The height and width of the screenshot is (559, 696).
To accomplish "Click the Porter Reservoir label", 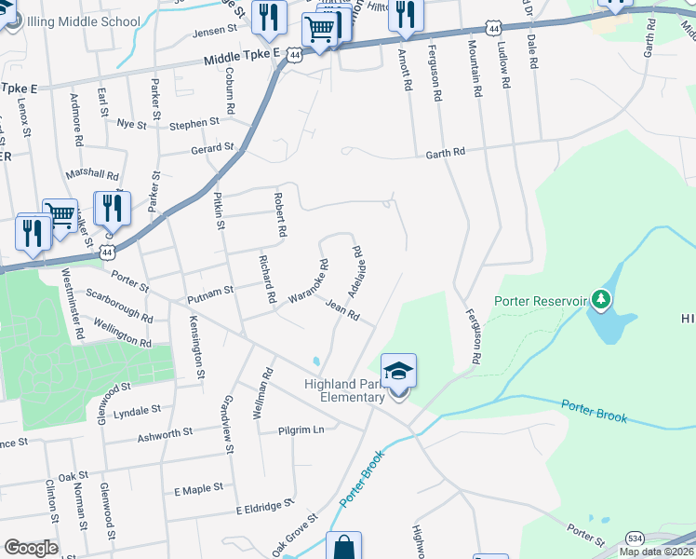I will point(541,301).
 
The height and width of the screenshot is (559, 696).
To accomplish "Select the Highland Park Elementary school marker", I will point(398,372).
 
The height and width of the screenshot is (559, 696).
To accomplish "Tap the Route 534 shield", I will point(635,539).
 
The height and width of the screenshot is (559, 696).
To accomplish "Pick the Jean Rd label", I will point(342,309).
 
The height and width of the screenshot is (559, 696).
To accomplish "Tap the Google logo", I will point(31,547).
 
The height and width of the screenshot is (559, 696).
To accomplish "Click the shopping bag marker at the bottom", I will point(342,547).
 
